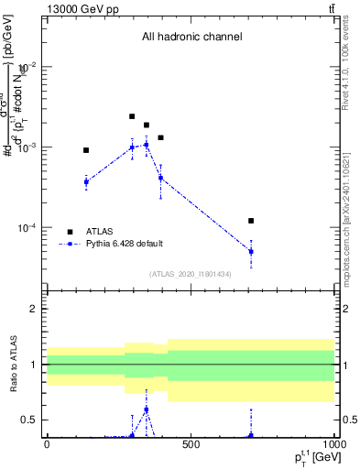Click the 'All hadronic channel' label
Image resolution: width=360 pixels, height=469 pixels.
pos(191,38)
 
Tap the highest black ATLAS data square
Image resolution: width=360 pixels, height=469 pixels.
pos(132,116)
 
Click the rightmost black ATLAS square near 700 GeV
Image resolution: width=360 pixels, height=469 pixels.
pos(251,221)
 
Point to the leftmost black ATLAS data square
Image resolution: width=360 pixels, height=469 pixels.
pos(86,150)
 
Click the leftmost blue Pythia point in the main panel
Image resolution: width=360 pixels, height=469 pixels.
pos(86,182)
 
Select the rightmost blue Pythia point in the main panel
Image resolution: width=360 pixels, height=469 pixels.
pos(251,251)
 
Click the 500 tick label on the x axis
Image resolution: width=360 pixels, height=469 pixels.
pos(191,444)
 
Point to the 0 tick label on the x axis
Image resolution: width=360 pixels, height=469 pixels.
pos(47,444)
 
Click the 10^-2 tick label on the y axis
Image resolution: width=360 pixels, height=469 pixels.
pos(27,67)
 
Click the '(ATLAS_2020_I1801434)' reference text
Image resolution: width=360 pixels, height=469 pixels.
pos(191,274)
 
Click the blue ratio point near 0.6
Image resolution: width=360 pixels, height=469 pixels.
pos(147,409)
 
